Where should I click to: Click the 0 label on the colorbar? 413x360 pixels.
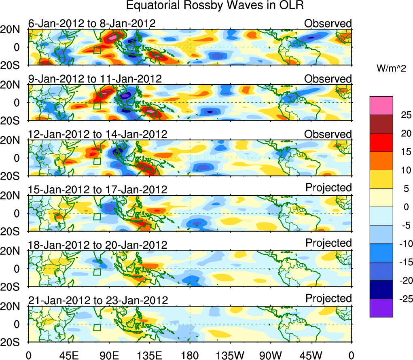click(404, 207)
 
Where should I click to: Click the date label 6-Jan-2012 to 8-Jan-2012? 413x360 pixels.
click(92, 23)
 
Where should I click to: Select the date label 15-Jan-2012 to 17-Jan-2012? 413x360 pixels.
click(97, 189)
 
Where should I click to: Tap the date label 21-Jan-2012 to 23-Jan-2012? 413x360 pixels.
click(97, 301)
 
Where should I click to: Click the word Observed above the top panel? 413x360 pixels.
click(328, 23)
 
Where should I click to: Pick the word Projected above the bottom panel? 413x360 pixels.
click(328, 299)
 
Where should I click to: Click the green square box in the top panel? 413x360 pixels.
click(97, 50)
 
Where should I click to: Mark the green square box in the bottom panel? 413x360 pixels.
click(97, 327)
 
